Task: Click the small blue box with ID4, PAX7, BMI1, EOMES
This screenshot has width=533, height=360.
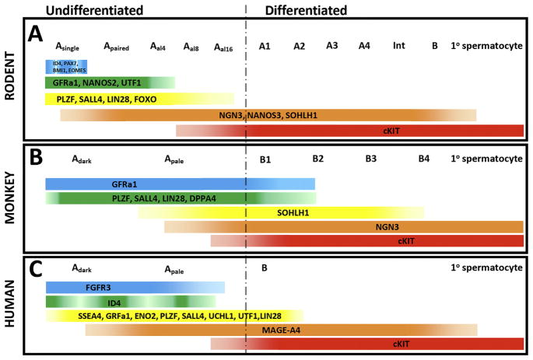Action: click(65, 66)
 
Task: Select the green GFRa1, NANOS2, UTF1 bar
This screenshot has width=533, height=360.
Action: click(109, 82)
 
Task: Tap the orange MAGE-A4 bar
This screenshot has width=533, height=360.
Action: click(281, 330)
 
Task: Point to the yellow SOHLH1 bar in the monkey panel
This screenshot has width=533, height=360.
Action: click(281, 212)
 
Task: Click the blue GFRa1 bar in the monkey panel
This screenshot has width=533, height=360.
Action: click(180, 183)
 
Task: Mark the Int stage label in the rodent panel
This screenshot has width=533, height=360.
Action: click(398, 46)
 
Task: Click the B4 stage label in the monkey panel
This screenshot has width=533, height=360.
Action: click(423, 159)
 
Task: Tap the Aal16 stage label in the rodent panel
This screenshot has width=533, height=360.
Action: click(223, 47)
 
